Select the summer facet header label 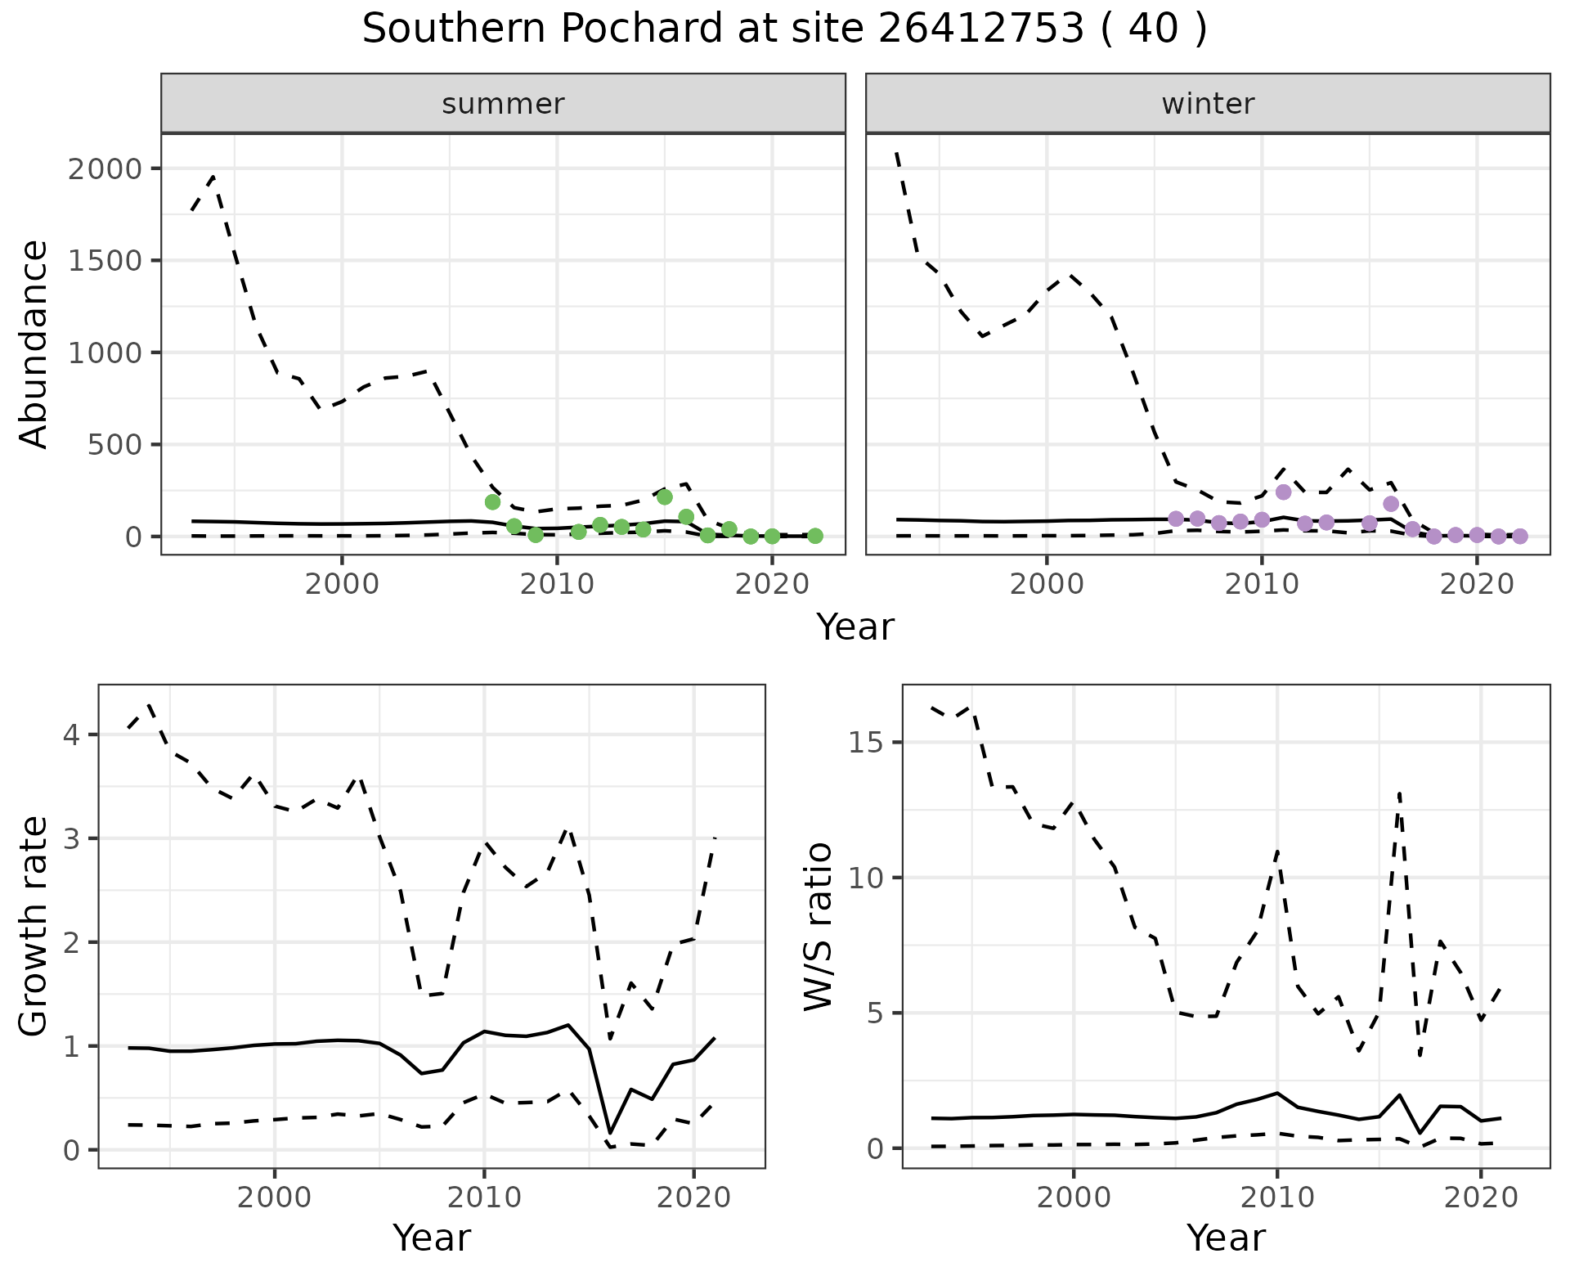[x=503, y=104]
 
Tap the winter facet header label [x=1208, y=104]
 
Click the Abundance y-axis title [x=34, y=344]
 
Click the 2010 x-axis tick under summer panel [x=557, y=586]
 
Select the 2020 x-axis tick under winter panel [x=1477, y=586]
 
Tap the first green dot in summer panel [x=492, y=502]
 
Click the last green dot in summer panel [x=815, y=536]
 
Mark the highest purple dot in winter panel [x=1283, y=492]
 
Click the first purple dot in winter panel [x=1176, y=519]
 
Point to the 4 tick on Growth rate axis [x=78, y=735]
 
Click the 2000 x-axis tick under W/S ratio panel [x=1073, y=1199]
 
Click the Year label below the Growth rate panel [x=432, y=1238]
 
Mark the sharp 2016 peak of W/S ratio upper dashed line [x=1400, y=792]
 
